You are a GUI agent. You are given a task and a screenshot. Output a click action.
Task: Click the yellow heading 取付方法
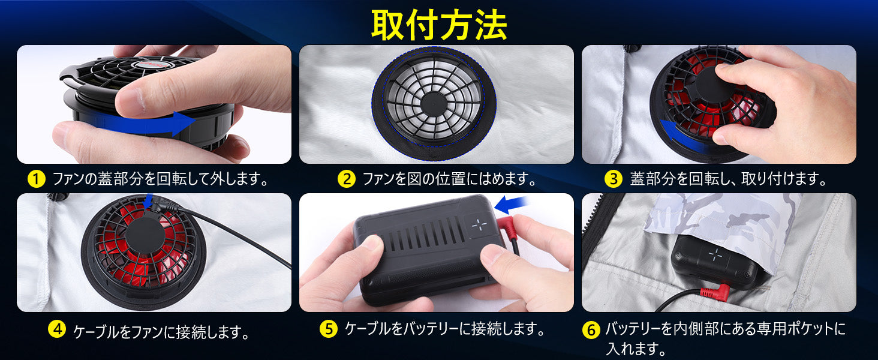click(x=439, y=25)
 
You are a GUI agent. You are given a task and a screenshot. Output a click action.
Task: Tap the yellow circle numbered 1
click(x=37, y=179)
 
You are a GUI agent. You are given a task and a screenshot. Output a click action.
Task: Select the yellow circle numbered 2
click(x=347, y=179)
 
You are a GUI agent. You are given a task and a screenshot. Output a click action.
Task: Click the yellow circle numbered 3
click(x=614, y=179)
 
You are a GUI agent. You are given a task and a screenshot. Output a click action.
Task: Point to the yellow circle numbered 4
click(x=57, y=329)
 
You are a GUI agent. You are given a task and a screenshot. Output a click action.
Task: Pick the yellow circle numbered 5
click(x=329, y=329)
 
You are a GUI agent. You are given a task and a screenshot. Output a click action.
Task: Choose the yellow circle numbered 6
click(x=591, y=329)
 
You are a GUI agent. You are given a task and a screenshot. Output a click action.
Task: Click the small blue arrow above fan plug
click(x=148, y=202)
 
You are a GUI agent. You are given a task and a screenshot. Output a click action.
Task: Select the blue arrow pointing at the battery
click(x=511, y=205)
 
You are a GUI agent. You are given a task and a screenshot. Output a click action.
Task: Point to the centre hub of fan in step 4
click(x=145, y=235)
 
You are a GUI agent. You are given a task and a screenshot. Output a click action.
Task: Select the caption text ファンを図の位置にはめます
click(x=449, y=179)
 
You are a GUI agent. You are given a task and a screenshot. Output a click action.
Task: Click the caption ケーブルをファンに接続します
click(x=161, y=332)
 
